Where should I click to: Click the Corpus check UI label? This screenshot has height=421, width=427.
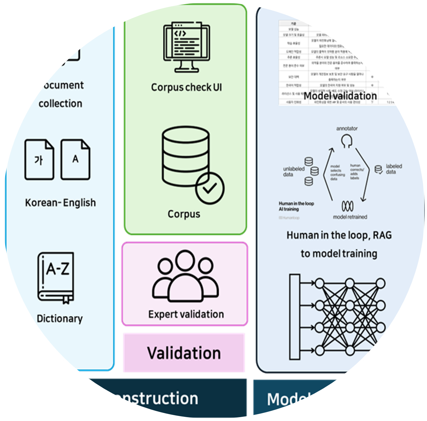point(186,87)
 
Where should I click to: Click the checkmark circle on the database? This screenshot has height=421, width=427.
point(210,188)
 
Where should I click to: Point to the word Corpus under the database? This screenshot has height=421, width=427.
point(184,214)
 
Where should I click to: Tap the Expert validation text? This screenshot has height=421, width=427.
point(186,314)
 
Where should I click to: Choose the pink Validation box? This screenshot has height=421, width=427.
point(184,353)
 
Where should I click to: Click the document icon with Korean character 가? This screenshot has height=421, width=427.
point(39,160)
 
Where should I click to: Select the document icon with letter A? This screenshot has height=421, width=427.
point(75,160)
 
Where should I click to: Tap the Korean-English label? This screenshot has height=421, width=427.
point(60,203)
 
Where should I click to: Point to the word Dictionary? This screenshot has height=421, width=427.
point(60,319)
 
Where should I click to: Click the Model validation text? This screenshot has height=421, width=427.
point(340,96)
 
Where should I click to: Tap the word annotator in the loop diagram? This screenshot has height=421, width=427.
point(347,129)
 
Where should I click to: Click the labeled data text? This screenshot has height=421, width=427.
point(394,169)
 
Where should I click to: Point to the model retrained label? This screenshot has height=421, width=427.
point(350,217)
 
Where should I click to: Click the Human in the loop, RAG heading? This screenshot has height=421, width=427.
point(339,235)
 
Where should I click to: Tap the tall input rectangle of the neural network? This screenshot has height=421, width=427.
point(295,317)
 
